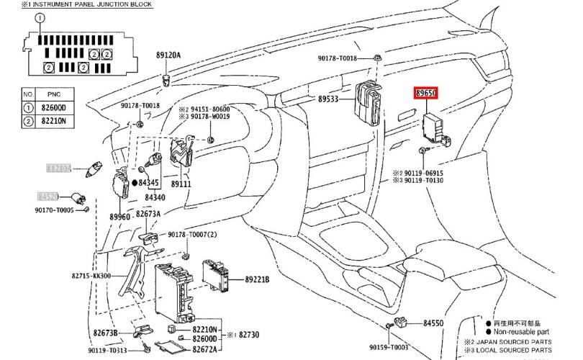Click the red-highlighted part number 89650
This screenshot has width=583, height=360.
click(429, 94)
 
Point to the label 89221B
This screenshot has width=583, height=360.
click(257, 279)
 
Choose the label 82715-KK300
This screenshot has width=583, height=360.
click(112, 276)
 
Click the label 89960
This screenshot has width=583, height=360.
click(119, 217)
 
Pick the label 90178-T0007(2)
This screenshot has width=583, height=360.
click(192, 235)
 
